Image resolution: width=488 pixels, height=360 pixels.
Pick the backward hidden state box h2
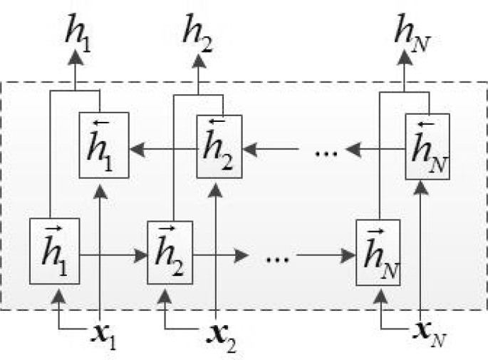point(219,146)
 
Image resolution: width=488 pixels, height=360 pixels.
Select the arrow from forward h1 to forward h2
point(113,254)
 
